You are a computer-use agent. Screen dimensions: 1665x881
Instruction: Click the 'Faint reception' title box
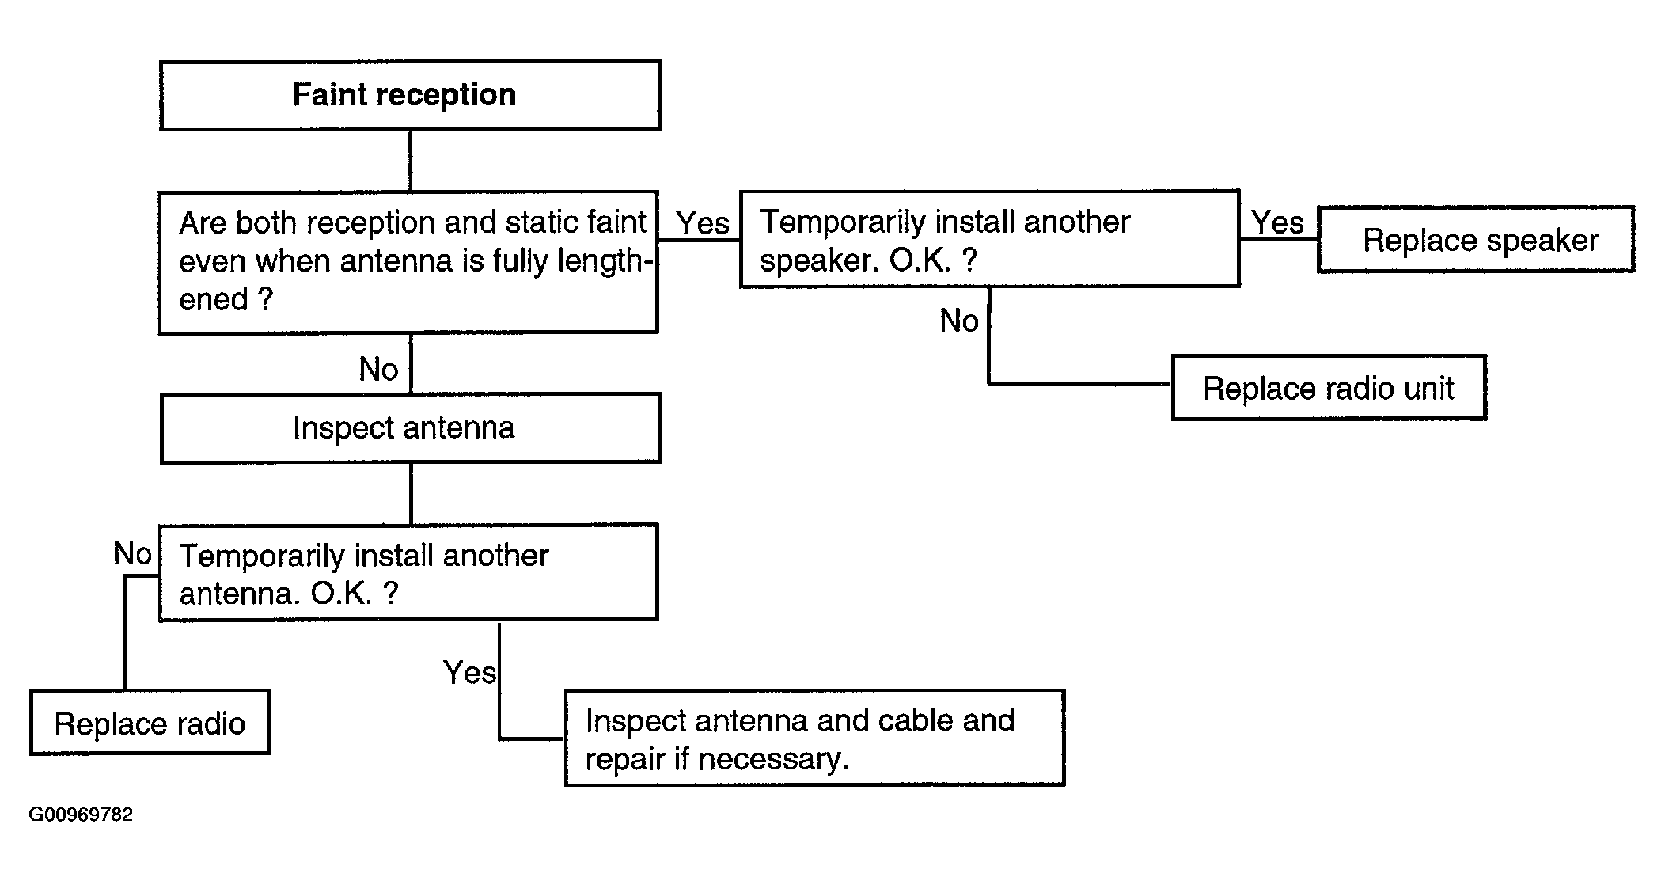click(410, 95)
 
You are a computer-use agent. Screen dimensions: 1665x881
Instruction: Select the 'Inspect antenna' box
click(411, 428)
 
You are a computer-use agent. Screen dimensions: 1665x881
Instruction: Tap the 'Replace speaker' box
click(1476, 240)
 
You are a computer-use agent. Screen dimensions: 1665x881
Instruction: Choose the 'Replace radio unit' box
click(1329, 388)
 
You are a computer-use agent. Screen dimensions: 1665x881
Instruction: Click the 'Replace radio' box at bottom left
click(150, 723)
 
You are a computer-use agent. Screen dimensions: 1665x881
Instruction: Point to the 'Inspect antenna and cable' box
click(815, 738)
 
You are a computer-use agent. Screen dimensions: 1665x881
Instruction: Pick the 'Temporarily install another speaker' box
click(990, 239)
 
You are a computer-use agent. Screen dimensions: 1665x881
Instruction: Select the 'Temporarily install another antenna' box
click(408, 572)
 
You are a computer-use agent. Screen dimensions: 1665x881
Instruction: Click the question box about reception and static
click(408, 263)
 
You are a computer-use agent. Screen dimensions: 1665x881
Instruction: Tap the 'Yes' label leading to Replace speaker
click(1277, 222)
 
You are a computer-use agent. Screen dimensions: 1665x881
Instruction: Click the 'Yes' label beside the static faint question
click(703, 223)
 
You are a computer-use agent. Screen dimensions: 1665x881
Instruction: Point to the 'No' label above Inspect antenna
click(378, 370)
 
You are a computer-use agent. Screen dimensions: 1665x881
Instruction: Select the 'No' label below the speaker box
click(959, 321)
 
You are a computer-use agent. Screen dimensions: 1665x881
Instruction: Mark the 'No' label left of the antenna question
click(132, 554)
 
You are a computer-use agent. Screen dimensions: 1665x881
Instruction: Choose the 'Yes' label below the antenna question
click(470, 673)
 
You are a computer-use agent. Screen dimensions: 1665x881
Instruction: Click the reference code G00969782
click(81, 815)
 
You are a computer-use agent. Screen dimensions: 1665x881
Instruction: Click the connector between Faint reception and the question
click(410, 161)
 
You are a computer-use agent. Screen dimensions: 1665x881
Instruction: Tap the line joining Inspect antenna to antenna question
click(411, 494)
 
